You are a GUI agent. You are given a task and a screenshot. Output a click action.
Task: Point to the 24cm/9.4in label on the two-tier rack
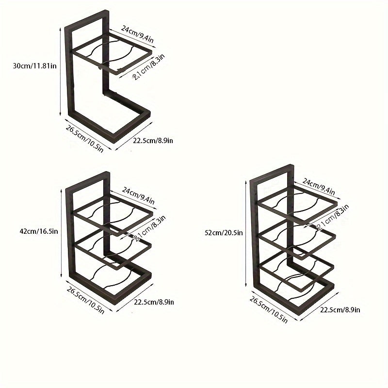point(139,195)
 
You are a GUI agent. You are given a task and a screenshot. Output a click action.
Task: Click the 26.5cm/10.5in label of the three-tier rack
point(269,310)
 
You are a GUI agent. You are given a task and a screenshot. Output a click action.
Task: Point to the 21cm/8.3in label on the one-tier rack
point(148,69)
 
